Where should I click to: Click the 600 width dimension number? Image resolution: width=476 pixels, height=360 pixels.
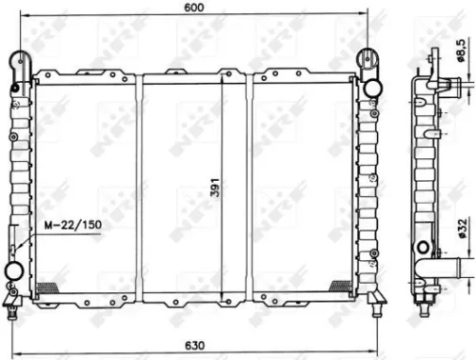(x=196, y=9)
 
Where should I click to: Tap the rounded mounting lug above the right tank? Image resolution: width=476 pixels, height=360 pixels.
(x=367, y=59)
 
